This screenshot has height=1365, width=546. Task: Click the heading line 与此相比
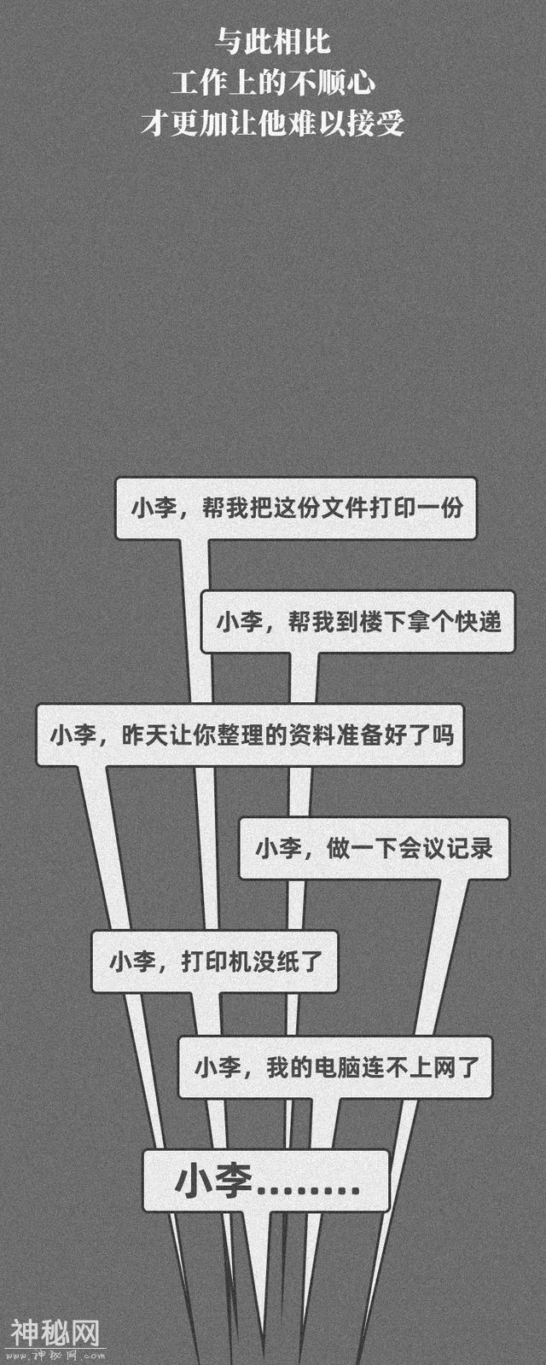[272, 42]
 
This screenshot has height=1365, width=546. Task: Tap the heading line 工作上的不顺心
[272, 83]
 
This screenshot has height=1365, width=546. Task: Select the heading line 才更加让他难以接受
[272, 125]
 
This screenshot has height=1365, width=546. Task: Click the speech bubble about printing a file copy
[295, 508]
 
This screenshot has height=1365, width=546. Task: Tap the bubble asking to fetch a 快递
[358, 621]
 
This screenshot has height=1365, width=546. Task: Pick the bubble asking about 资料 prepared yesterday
[250, 735]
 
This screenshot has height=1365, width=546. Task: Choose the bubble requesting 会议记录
[374, 848]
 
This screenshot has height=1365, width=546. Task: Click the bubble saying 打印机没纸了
[215, 961]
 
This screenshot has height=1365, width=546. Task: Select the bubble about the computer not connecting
[335, 1066]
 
